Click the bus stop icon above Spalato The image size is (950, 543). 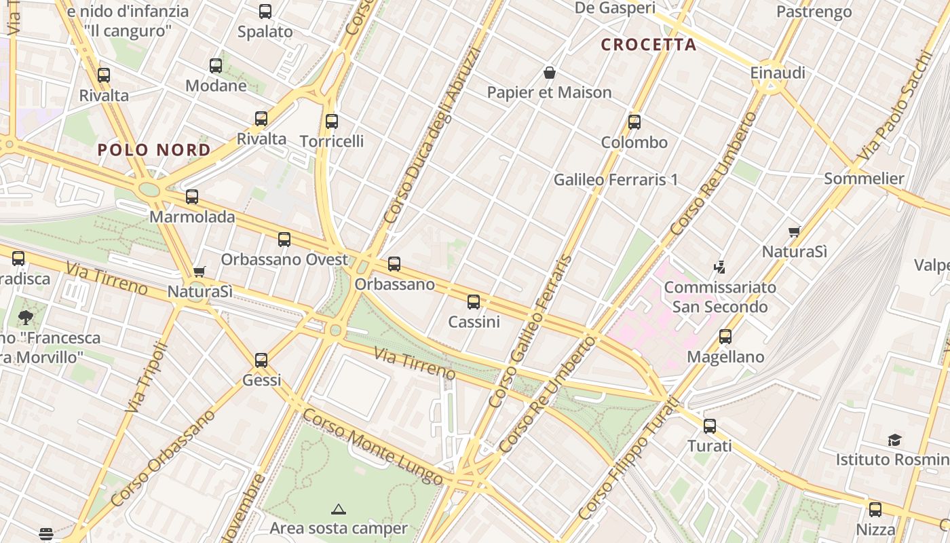tap(265, 12)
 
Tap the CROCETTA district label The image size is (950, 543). tap(649, 45)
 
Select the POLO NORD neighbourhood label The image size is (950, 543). tap(154, 150)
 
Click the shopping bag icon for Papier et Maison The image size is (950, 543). tap(550, 72)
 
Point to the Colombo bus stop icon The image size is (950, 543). tap(634, 122)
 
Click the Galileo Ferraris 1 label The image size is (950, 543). tap(615, 180)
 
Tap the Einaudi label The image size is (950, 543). tap(778, 73)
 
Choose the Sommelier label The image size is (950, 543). tap(864, 179)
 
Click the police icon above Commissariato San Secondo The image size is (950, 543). tap(720, 267)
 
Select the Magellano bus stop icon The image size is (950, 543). tap(725, 337)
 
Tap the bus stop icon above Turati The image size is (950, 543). tap(710, 426)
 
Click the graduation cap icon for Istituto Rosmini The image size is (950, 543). tap(894, 440)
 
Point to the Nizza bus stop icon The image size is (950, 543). tap(875, 509)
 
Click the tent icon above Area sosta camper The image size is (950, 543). tap(338, 508)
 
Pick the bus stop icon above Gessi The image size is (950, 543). tap(261, 360)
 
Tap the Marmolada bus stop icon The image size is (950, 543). tap(192, 197)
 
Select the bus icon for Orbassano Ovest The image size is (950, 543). tap(284, 240)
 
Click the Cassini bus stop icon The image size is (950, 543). tap(474, 302)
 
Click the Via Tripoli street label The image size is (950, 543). tap(147, 377)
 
